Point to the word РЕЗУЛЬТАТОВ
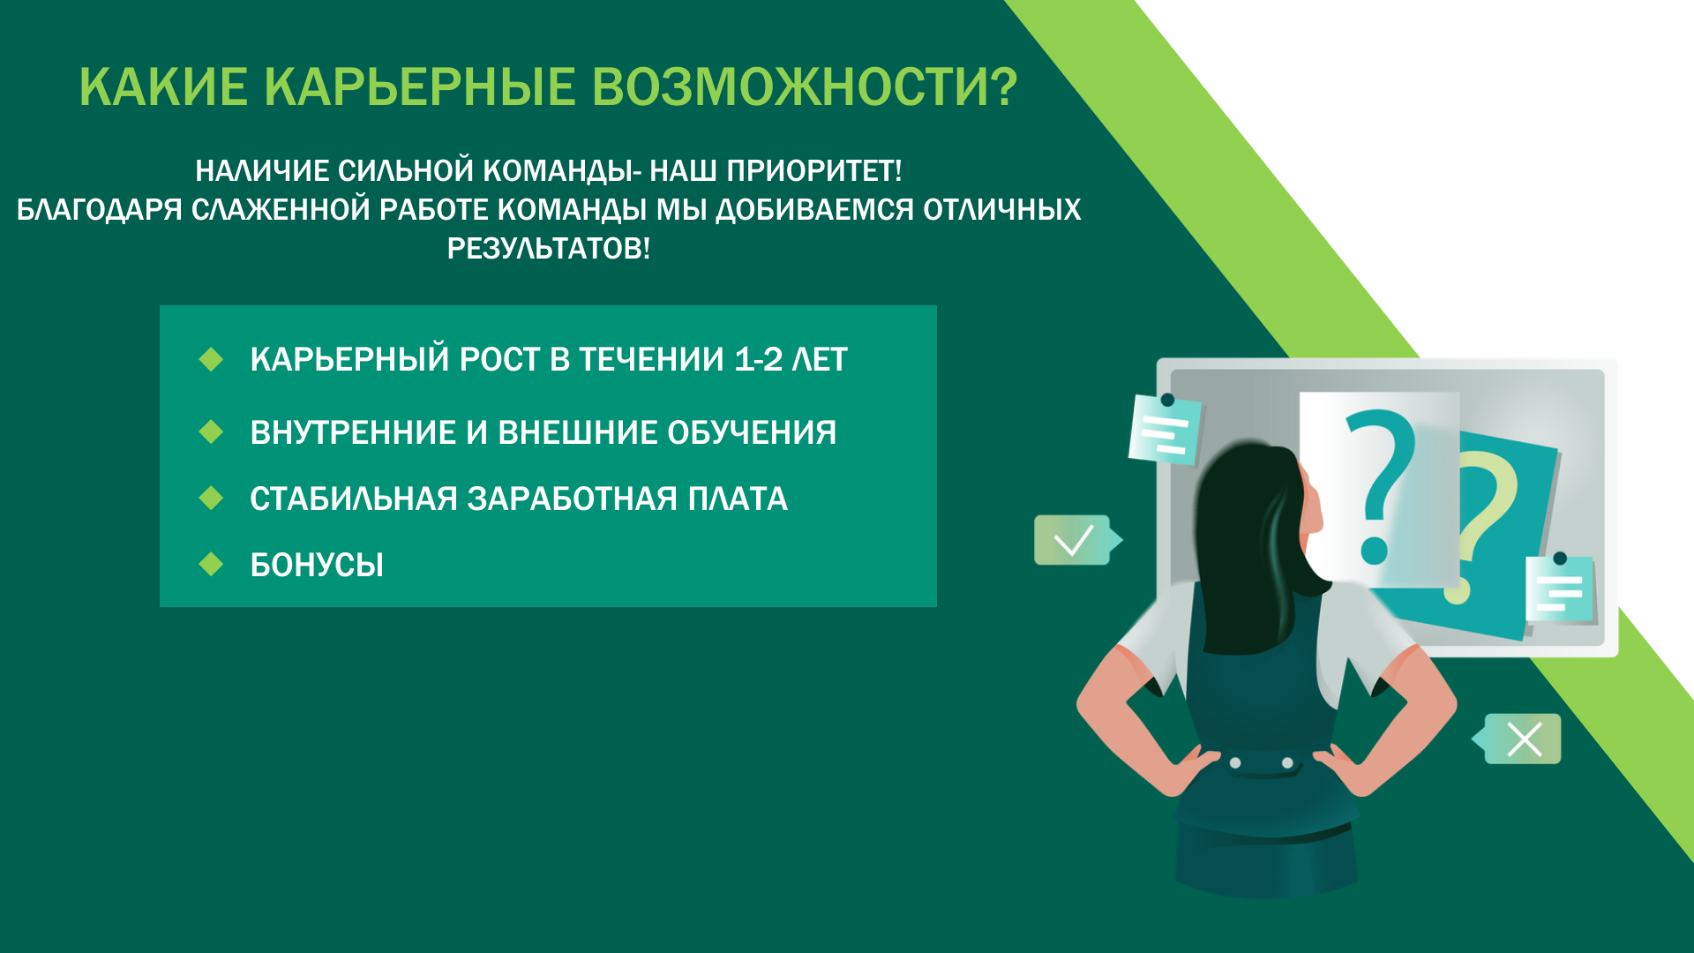point(548,249)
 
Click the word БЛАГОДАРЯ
point(99,210)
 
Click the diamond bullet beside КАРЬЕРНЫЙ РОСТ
point(211,359)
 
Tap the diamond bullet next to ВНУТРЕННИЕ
point(211,431)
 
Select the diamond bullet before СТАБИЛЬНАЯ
point(211,498)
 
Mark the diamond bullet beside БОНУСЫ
point(211,564)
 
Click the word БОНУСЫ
point(317,565)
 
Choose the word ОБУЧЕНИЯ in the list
point(752,432)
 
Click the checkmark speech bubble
point(1076,540)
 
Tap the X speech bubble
point(1518,739)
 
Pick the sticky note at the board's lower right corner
point(1560,589)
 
